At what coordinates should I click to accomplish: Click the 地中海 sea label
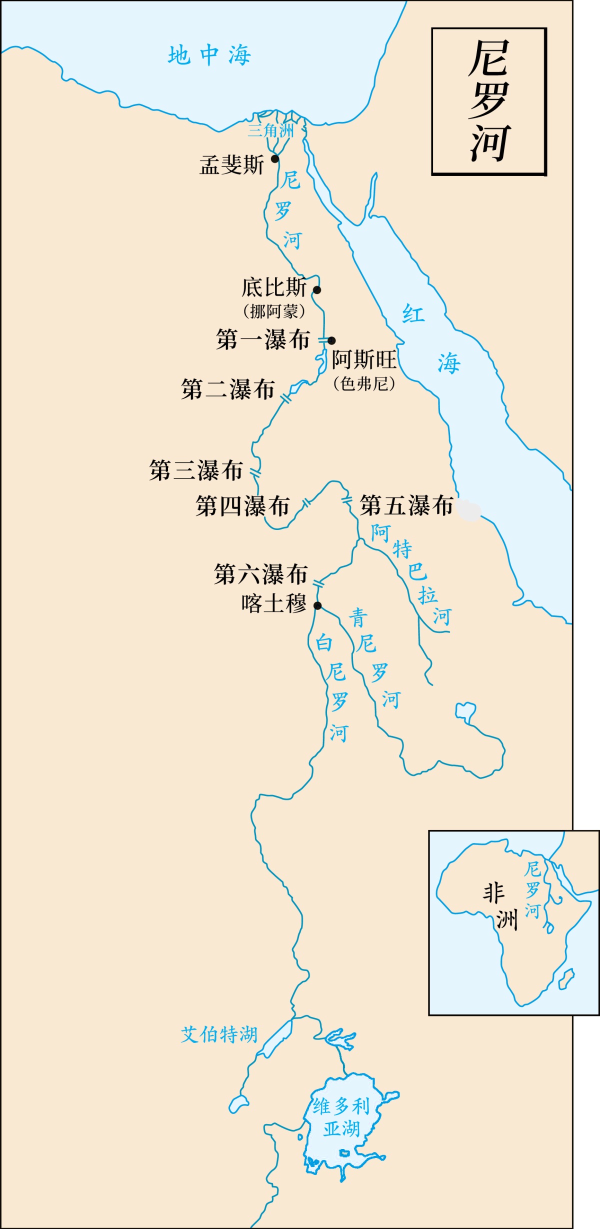point(209,55)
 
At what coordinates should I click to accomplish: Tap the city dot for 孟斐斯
point(275,159)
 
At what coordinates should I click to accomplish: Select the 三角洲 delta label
point(270,131)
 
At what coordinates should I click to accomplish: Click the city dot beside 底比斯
point(317,289)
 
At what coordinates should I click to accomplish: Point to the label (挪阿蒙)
point(274,311)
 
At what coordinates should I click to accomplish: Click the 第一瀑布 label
point(263,339)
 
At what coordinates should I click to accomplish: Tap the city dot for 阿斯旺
point(331,340)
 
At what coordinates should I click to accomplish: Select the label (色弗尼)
point(364,383)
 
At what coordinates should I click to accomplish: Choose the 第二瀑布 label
point(228,389)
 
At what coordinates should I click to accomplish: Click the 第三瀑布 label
point(196,470)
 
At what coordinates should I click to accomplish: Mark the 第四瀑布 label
point(242,506)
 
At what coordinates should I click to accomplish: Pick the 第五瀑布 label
point(406,505)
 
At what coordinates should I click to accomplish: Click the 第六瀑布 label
point(260,574)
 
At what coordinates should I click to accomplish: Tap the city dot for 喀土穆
point(317,606)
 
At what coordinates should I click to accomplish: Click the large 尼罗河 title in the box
point(489,101)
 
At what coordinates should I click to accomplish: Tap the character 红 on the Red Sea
point(413,314)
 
